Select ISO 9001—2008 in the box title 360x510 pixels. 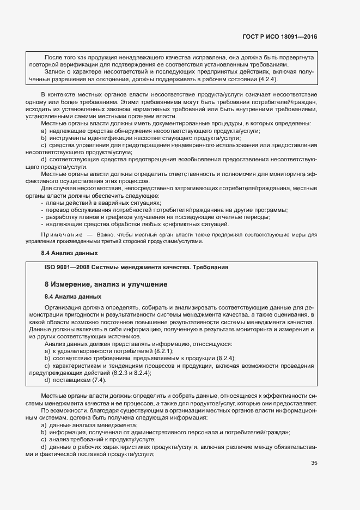[66, 267]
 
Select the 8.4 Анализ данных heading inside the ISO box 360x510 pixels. [72, 296]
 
